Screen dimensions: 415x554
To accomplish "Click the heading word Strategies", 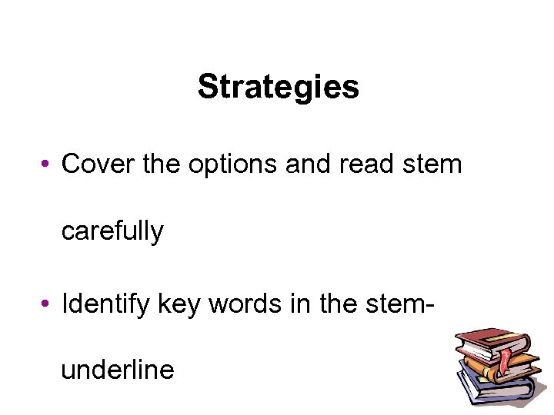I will tap(278, 88).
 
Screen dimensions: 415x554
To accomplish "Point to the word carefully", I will tap(112, 230).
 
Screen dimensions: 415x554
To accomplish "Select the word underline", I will tap(118, 370).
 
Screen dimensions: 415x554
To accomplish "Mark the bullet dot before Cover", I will tap(47, 164).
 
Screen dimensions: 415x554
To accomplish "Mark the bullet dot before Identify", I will tap(47, 305).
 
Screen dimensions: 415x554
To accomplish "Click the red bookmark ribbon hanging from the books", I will tap(506, 360).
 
